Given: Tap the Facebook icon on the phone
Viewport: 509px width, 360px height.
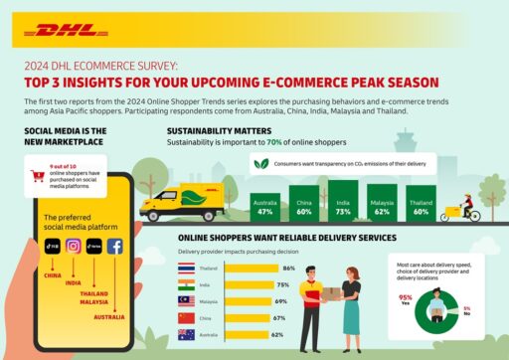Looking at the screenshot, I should (115, 248).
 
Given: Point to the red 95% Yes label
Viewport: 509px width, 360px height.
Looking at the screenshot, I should (405, 298).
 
